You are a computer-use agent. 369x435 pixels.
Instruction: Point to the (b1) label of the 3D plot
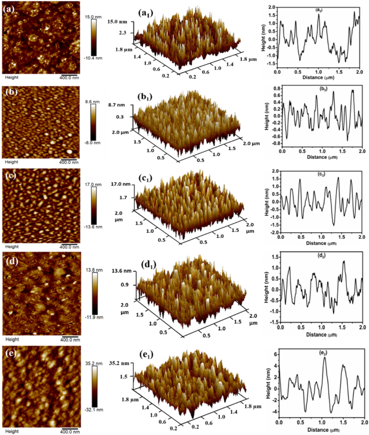[152, 96]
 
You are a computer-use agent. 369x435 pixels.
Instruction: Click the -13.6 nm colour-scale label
[100, 227]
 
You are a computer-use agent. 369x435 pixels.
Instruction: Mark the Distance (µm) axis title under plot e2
[321, 431]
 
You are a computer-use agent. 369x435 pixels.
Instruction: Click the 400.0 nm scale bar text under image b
[68, 162]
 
